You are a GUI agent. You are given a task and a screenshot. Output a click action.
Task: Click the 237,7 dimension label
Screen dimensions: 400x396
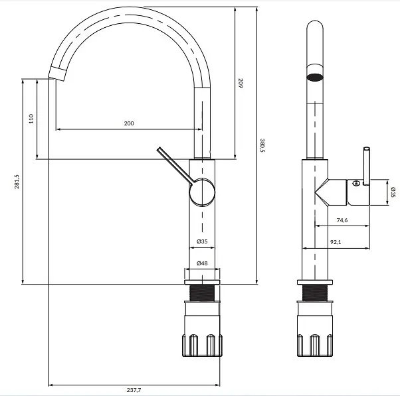coord(134,390)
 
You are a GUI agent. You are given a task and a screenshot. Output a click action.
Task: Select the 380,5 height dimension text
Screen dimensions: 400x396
coord(262,145)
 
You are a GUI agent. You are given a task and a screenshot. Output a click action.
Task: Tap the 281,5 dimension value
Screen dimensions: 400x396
coord(17,182)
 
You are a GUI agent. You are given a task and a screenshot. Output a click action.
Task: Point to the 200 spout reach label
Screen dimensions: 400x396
coord(129,123)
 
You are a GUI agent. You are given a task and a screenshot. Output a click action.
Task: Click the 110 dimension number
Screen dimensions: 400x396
coord(31,119)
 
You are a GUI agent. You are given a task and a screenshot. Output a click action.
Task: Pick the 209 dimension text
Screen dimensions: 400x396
coord(241,83)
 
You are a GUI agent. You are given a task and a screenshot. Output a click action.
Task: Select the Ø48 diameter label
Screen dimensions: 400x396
coord(202,263)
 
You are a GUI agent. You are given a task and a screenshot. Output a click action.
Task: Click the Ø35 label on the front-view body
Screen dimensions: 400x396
coord(202,241)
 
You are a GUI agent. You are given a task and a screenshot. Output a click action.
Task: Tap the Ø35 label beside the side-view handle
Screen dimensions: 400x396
coord(393,192)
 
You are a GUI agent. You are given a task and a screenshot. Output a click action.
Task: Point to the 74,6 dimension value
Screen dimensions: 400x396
coord(342,220)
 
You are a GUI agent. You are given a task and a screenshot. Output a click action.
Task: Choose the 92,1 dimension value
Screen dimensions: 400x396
coord(336,242)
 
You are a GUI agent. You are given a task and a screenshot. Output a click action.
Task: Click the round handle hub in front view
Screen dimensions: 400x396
coord(202,192)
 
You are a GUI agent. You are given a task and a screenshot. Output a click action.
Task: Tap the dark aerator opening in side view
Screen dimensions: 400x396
coord(315,77)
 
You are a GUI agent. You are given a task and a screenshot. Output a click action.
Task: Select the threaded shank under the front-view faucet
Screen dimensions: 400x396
coord(202,293)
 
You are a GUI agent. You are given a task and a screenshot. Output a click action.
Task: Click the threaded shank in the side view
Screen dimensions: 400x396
coord(315,293)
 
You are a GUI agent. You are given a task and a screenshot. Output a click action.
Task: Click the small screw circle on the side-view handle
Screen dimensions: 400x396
coord(355,183)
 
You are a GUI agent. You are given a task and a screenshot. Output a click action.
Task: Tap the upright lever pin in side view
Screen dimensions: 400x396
coord(366,166)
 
